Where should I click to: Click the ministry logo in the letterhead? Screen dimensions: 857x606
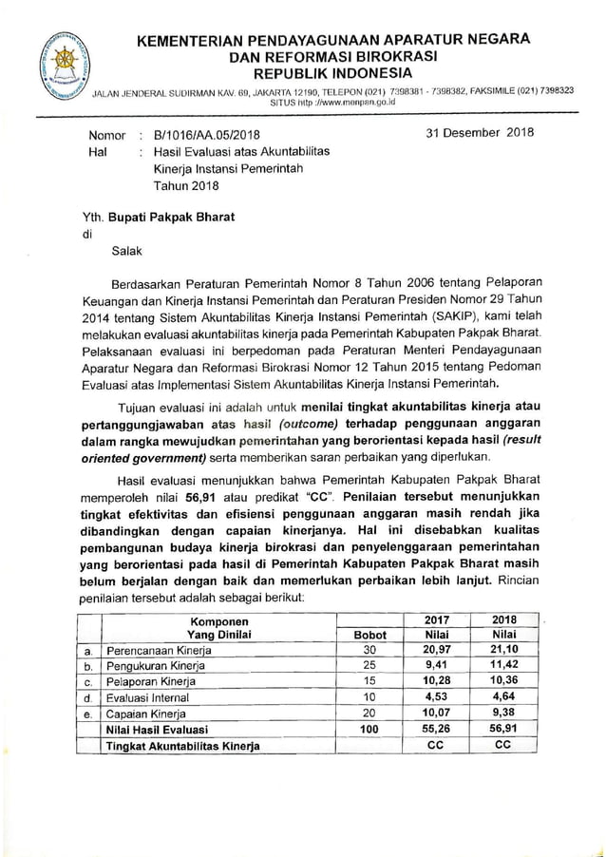pos(66,66)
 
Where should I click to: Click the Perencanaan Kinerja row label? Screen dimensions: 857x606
pos(159,651)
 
